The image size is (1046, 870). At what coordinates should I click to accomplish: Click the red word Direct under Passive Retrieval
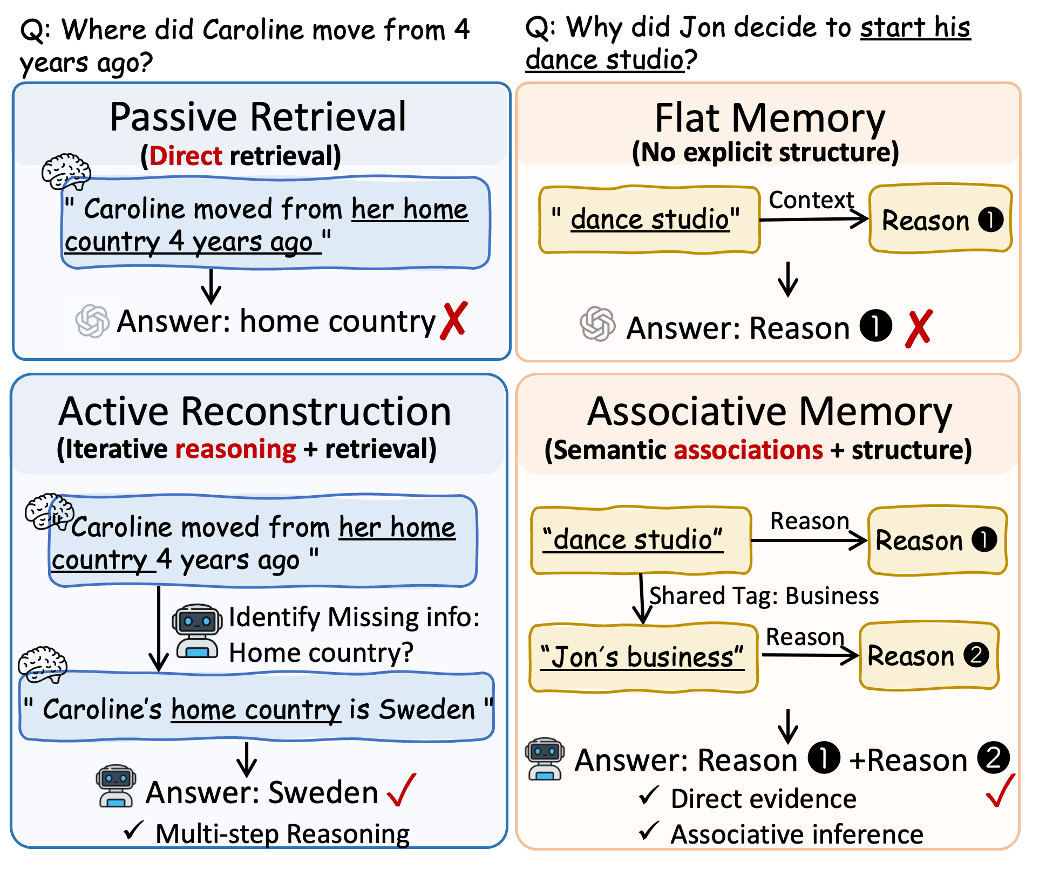186,156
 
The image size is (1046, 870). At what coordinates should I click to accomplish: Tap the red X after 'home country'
453,321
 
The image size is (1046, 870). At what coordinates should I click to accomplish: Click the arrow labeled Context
814,219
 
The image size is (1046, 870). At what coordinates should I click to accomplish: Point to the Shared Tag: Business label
764,596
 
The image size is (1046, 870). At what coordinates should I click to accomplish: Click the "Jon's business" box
643,657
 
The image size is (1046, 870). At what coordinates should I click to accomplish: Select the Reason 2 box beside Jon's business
929,656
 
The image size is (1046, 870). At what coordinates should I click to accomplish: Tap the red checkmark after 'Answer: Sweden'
402,790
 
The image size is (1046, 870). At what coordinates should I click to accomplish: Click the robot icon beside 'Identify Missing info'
197,631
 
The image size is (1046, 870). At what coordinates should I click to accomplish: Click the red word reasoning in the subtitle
236,449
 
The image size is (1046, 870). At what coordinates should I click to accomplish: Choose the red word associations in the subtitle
748,450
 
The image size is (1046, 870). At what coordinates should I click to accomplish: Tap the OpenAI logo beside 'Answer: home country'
92,321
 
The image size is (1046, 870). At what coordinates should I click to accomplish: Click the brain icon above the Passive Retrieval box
66,172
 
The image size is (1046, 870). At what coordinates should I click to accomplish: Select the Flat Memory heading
770,118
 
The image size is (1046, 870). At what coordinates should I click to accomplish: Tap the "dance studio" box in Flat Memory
649,220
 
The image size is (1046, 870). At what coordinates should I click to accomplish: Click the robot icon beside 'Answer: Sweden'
116,786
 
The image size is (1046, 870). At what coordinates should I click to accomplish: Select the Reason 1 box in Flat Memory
940,219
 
